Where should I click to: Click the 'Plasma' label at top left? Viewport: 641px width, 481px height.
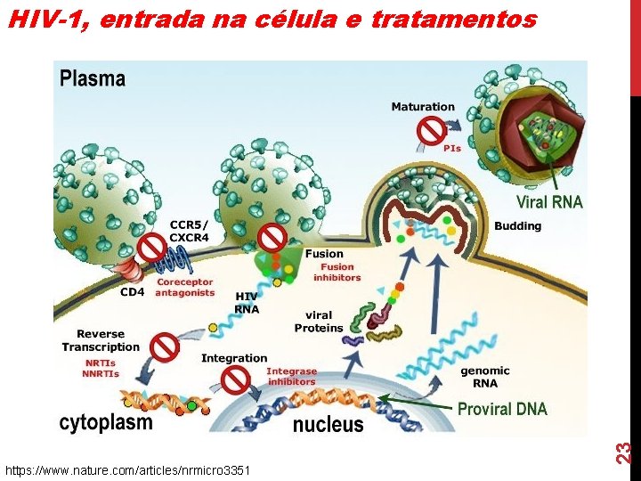click(93, 78)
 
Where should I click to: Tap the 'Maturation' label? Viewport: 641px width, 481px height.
click(423, 107)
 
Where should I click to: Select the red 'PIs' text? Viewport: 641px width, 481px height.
click(452, 148)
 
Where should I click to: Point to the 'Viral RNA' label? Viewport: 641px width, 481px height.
click(549, 202)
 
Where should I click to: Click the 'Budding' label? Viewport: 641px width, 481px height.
click(517, 225)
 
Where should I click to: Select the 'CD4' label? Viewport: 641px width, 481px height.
click(134, 290)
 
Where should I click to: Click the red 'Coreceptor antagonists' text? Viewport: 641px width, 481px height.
click(185, 288)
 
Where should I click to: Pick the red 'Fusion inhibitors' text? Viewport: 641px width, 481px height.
click(337, 272)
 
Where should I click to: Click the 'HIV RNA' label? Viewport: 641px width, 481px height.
click(247, 302)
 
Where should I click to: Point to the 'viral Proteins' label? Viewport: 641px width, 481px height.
click(319, 321)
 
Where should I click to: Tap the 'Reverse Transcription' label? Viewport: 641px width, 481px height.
click(101, 340)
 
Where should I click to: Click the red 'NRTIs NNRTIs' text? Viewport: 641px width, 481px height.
click(101, 368)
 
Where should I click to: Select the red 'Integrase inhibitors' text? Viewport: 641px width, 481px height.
click(291, 376)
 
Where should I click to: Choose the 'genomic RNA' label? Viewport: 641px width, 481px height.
click(485, 377)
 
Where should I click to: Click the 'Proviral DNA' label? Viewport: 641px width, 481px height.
click(502, 409)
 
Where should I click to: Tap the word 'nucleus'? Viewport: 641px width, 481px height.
click(329, 424)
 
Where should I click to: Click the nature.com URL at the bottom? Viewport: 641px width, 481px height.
click(127, 469)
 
